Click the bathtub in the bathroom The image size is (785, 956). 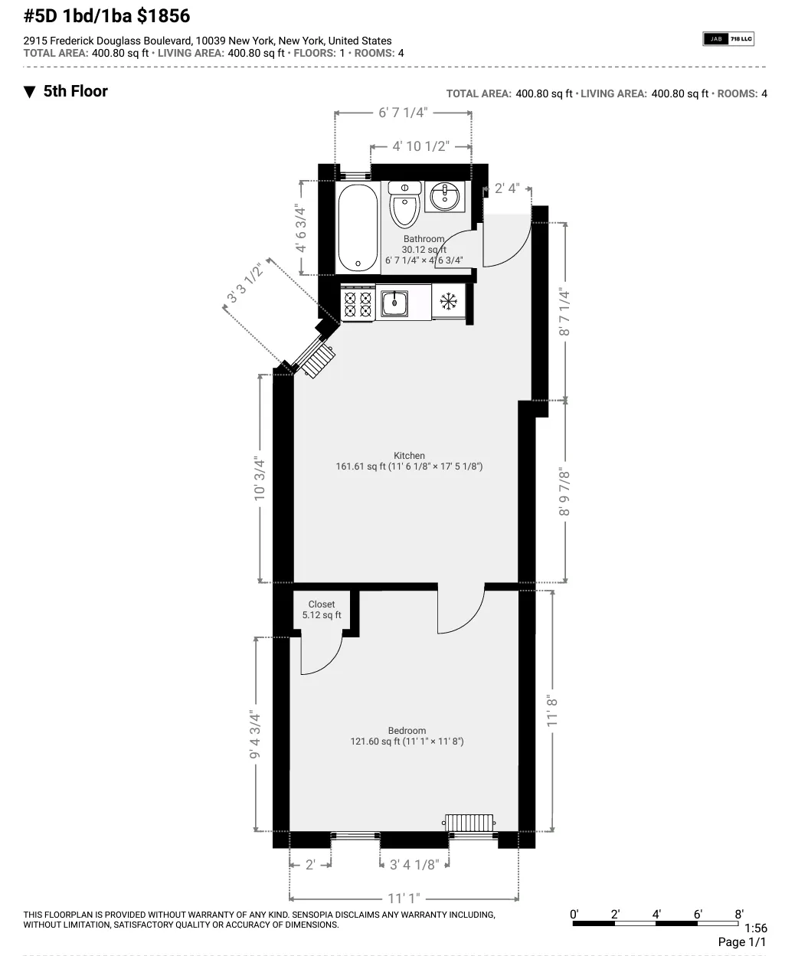pyautogui.click(x=357, y=228)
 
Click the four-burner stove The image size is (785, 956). pyautogui.click(x=358, y=302)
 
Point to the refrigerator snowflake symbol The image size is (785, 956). pyautogui.click(x=448, y=301)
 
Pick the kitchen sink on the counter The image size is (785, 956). pyautogui.click(x=395, y=302)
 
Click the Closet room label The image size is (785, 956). pyautogui.click(x=322, y=604)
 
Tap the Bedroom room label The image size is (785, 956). pyautogui.click(x=407, y=731)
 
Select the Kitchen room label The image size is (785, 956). pyautogui.click(x=409, y=456)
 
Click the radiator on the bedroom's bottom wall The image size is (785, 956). pyautogui.click(x=471, y=823)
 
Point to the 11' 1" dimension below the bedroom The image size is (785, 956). pyautogui.click(x=404, y=898)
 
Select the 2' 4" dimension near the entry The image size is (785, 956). pyautogui.click(x=506, y=188)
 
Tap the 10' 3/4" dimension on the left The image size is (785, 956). pyautogui.click(x=260, y=480)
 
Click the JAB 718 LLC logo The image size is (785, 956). pyautogui.click(x=728, y=38)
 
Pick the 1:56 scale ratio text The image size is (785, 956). pyautogui.click(x=755, y=928)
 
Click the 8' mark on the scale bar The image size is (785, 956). pyautogui.click(x=738, y=914)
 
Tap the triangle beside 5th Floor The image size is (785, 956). pyautogui.click(x=30, y=92)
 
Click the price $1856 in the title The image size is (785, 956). pyautogui.click(x=164, y=15)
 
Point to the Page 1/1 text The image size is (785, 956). pyautogui.click(x=741, y=942)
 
